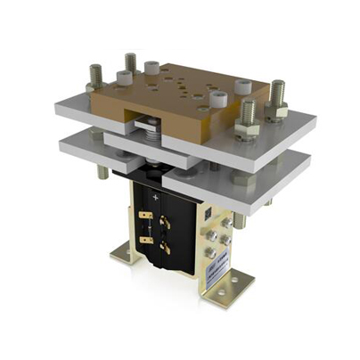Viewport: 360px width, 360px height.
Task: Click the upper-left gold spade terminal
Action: click(146, 217)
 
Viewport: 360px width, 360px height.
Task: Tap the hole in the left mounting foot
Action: click(126, 258)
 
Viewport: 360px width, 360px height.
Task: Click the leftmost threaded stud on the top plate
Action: click(92, 74)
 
